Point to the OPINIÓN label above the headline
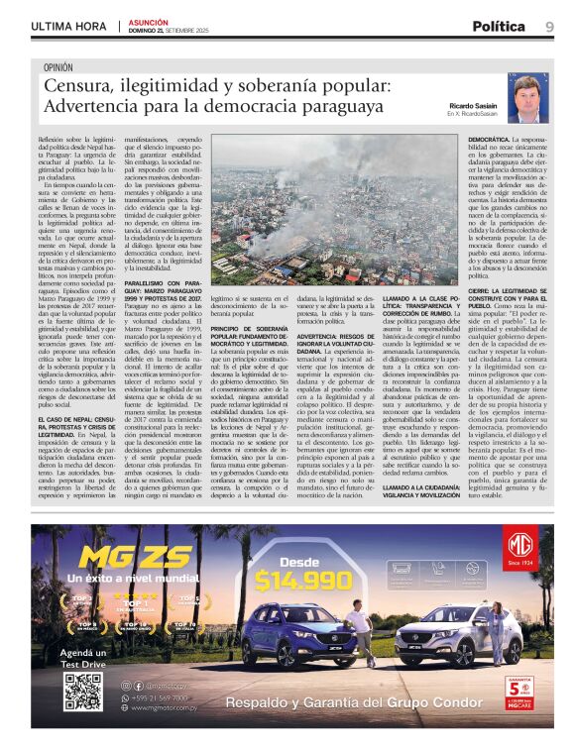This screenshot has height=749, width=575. click(x=58, y=67)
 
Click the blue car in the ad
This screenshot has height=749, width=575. click(x=287, y=634)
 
